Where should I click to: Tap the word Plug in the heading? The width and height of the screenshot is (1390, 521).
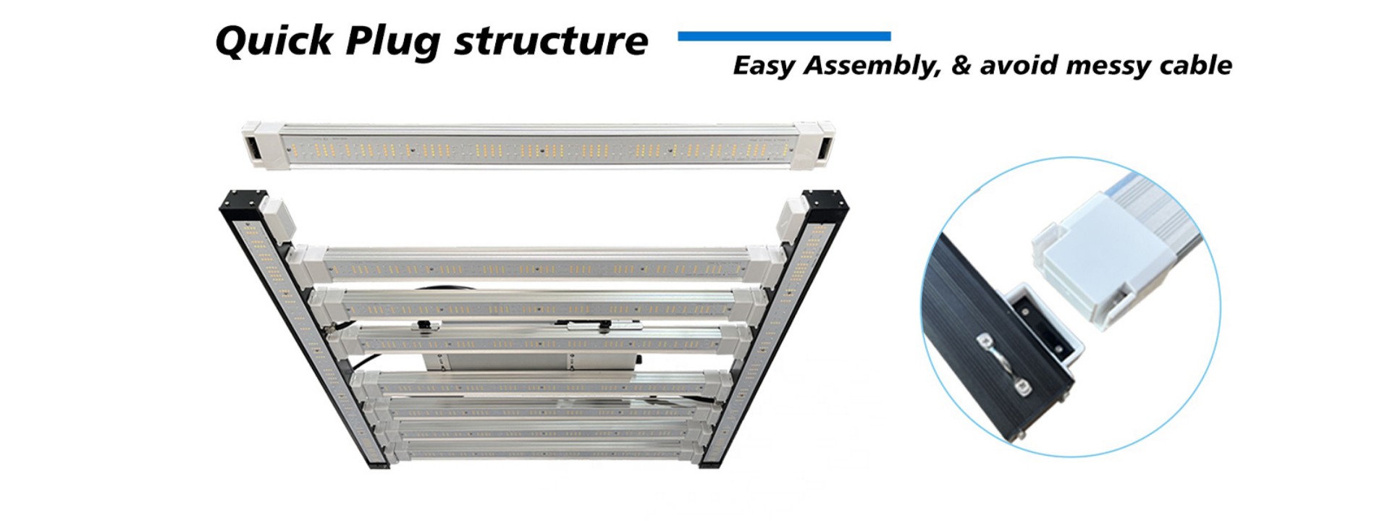point(392,42)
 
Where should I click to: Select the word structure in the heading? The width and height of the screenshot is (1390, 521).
point(551,41)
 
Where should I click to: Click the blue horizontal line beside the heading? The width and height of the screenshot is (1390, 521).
point(784,36)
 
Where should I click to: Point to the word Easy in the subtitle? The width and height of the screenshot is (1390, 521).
point(764,67)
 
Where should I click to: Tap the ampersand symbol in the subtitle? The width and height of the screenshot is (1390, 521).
point(961,66)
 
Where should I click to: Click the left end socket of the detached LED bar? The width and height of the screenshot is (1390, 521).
point(254,147)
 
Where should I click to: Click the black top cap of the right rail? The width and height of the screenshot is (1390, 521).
point(825,202)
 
